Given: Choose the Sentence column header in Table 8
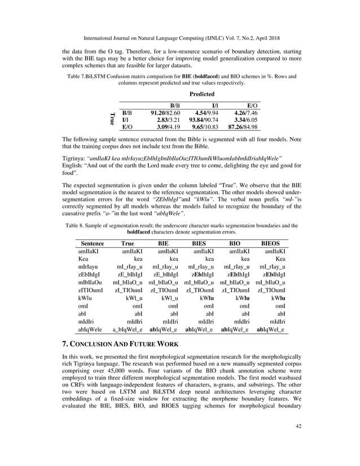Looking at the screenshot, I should click(x=91, y=243).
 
